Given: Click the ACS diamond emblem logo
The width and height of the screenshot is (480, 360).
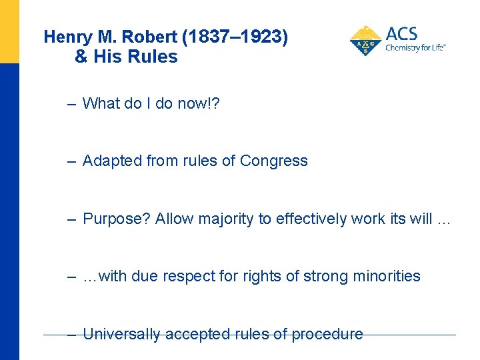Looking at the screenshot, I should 365,41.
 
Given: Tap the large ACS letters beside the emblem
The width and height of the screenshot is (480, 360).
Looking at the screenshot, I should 401,34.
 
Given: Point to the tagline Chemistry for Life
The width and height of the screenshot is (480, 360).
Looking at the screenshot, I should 415,48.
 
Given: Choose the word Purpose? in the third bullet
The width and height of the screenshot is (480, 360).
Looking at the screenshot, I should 117,219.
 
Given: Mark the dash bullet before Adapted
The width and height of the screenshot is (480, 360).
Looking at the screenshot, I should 71,161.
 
